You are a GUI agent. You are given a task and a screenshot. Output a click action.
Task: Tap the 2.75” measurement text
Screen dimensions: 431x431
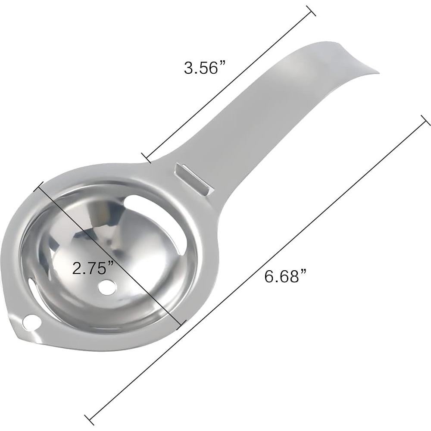[93, 269]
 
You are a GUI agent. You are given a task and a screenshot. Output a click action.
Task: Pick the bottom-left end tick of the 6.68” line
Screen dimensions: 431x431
[89, 417]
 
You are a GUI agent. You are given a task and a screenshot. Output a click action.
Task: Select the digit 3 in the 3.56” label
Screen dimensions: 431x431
[188, 68]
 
